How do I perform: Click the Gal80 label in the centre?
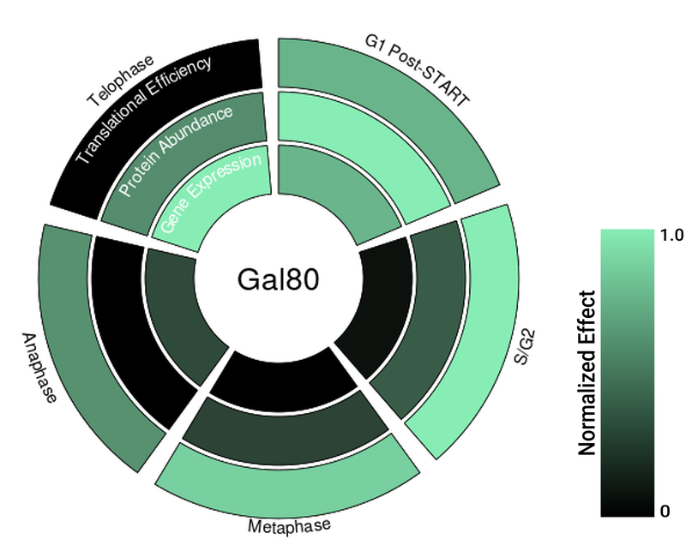click(278, 280)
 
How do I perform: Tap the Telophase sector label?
click(120, 81)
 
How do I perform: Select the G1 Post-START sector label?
click(417, 70)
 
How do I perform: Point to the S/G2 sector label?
click(525, 348)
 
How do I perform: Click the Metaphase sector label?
click(289, 525)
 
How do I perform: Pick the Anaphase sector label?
click(39, 368)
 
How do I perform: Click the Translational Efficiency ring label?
click(143, 111)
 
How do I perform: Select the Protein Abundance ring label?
click(176, 151)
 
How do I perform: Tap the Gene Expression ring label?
click(211, 194)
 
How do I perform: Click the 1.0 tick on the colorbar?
click(671, 235)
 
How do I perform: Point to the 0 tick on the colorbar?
click(665, 511)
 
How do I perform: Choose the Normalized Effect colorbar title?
click(587, 373)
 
